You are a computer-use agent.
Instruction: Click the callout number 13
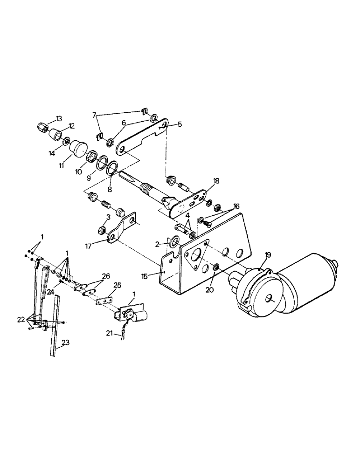pos(59,117)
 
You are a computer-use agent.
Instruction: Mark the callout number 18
pos(216,180)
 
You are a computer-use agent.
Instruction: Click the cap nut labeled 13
pos(42,126)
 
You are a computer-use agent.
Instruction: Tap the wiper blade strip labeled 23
pos(54,326)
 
